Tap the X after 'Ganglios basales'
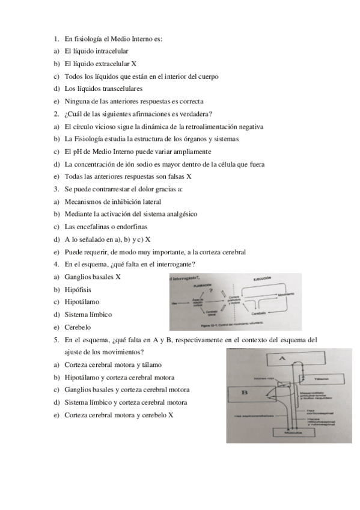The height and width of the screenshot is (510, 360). point(118,277)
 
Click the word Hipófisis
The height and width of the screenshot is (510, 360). point(78,290)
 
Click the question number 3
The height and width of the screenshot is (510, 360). point(55,189)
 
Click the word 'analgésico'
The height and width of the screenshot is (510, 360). point(177,214)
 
